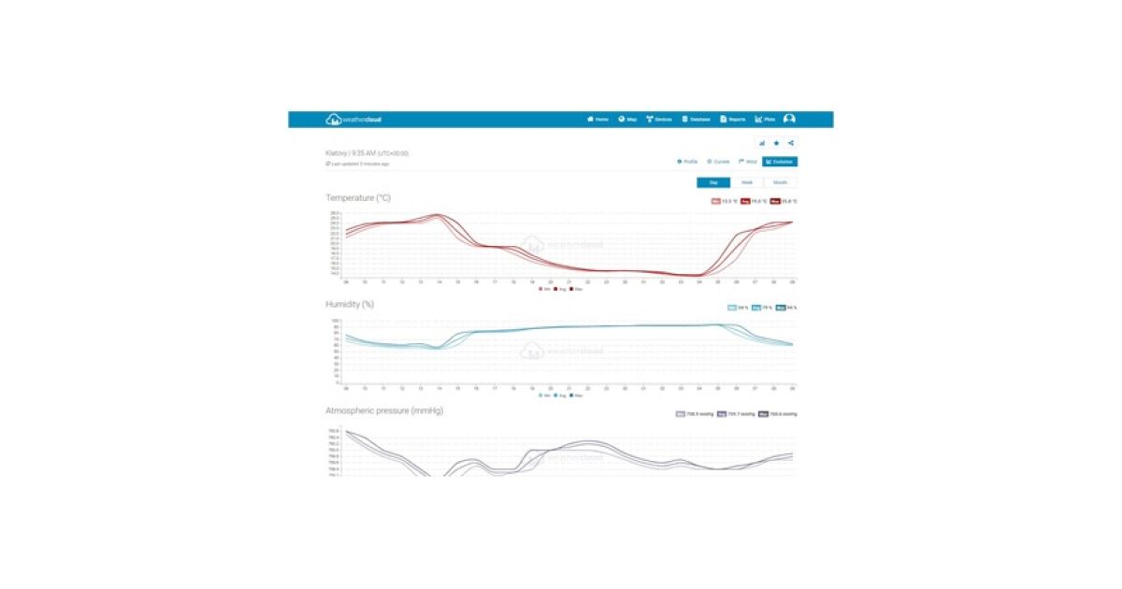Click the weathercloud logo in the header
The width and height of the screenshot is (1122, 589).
[353, 120]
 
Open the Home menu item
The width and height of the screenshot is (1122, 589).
[597, 120]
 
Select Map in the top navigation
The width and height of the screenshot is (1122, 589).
[627, 120]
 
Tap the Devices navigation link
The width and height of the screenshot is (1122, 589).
[659, 120]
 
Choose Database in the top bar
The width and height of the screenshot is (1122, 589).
[696, 120]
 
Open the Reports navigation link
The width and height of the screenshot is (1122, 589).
[733, 120]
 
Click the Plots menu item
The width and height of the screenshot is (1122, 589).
[765, 120]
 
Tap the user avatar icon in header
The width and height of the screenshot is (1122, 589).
[790, 120]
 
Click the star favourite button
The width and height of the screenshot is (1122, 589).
[776, 143]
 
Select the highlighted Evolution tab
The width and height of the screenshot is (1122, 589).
[780, 162]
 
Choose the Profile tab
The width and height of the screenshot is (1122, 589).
[687, 162]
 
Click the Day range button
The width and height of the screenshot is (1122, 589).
[713, 182]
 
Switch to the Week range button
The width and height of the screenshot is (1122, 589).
[747, 182]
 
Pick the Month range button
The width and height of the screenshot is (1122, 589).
[780, 182]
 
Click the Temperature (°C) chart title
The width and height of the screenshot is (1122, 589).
[358, 198]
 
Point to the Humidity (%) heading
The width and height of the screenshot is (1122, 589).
[352, 305]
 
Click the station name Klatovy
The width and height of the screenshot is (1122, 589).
[337, 152]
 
